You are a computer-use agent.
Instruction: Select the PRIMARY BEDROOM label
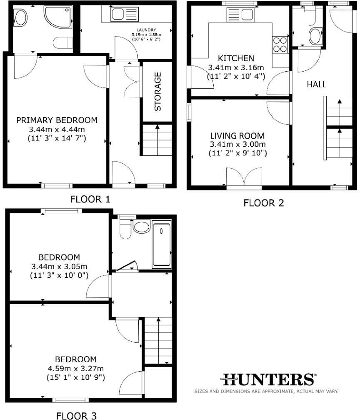click(57, 120)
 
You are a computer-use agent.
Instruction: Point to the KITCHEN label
click(236, 58)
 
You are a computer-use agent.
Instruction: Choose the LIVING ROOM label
click(237, 136)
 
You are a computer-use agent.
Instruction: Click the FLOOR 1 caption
click(90, 199)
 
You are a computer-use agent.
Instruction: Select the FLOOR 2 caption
click(263, 203)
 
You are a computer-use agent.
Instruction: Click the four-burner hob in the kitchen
click(280, 45)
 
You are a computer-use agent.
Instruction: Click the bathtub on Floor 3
click(162, 245)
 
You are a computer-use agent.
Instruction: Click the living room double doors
click(244, 177)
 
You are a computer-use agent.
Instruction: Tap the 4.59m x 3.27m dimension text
click(75, 368)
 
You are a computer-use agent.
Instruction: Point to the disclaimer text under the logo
click(266, 391)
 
